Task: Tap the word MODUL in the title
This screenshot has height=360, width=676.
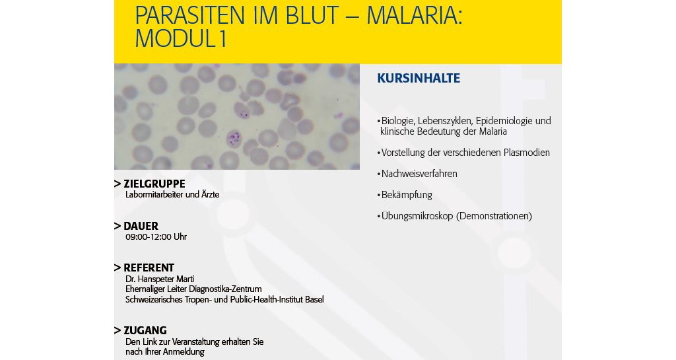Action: click(175, 38)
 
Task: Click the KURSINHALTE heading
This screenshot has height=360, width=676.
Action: click(419, 78)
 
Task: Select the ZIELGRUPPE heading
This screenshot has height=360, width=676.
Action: click(154, 184)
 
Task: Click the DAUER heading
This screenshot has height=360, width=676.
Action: click(141, 226)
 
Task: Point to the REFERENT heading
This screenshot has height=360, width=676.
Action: click(149, 268)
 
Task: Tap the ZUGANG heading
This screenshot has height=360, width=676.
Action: click(145, 331)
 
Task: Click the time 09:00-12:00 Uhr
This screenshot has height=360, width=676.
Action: click(156, 236)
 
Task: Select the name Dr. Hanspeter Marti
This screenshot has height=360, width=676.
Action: click(160, 279)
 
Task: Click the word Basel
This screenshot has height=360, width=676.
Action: click(314, 299)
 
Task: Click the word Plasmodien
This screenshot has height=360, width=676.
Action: click(527, 153)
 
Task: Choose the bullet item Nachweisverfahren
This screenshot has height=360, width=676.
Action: click(417, 174)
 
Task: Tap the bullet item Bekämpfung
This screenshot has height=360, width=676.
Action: click(405, 195)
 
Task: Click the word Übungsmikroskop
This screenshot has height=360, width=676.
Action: click(417, 216)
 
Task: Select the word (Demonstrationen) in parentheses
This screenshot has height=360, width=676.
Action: click(494, 216)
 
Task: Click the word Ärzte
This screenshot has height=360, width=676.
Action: click(211, 194)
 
